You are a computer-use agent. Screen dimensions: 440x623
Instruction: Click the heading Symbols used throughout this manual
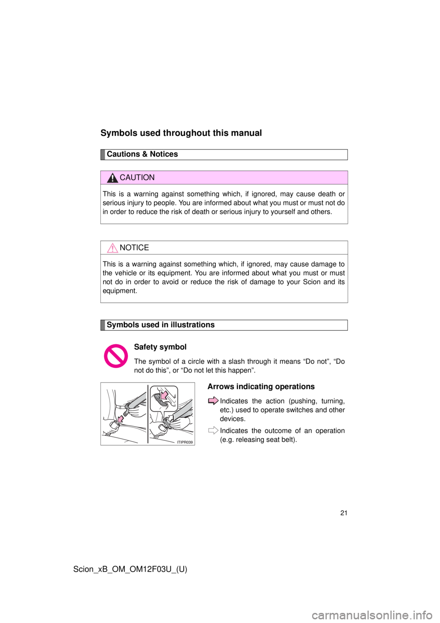181,133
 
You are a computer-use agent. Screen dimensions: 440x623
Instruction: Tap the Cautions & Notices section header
142,154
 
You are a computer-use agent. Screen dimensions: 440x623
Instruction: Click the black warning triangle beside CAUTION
112,178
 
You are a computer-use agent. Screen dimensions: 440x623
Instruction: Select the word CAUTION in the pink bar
137,178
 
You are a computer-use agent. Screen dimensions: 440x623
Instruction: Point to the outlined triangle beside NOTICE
112,248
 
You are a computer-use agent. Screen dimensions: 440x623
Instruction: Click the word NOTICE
134,248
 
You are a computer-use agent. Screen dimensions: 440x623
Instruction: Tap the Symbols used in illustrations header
160,325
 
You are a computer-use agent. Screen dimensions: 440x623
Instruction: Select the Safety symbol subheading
160,347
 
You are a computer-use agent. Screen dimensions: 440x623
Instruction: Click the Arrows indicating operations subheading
261,387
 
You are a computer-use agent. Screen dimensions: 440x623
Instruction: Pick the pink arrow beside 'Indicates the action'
213,401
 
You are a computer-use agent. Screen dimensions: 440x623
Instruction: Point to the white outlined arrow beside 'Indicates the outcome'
213,430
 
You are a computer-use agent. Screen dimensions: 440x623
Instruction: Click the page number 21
344,513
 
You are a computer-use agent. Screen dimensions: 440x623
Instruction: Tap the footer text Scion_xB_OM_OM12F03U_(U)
130,569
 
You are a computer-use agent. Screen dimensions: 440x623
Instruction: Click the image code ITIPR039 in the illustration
184,442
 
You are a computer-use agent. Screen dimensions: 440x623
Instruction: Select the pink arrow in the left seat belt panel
121,418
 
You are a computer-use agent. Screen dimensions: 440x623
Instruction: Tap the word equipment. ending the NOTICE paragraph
120,291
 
